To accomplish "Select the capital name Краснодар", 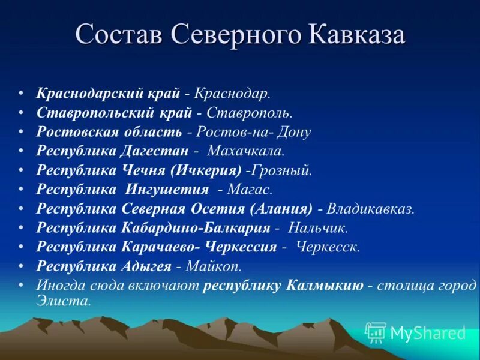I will coord(232,94).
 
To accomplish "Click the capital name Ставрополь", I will coord(249,113).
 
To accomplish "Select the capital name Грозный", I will coord(282,170).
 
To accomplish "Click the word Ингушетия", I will coord(167,190).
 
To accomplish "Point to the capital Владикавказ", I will coord(370,209).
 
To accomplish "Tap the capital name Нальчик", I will coord(318,228).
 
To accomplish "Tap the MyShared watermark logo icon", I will coord(376,332).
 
